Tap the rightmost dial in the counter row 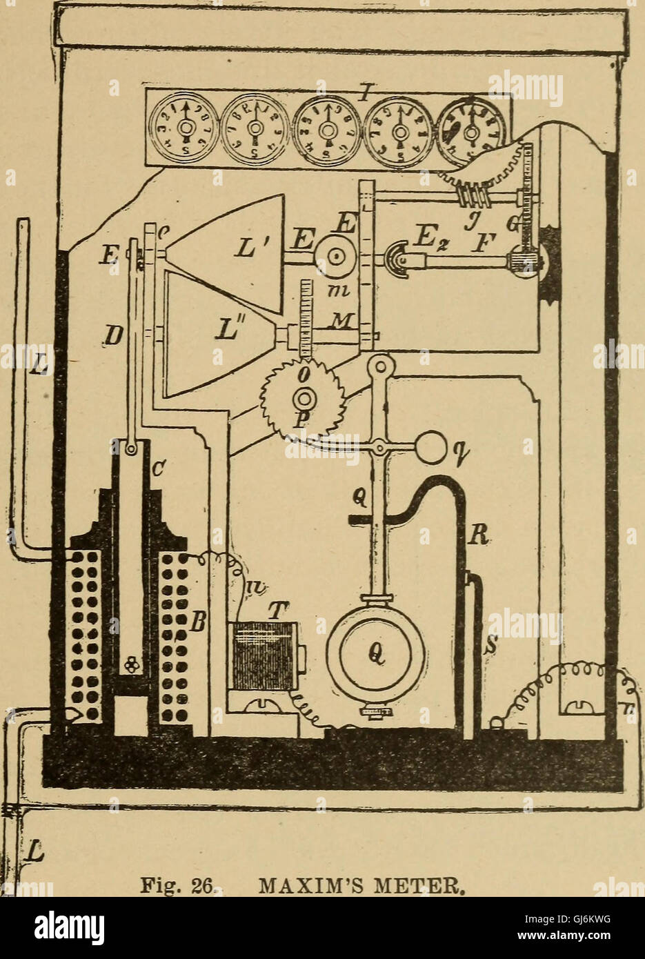click(x=472, y=129)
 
